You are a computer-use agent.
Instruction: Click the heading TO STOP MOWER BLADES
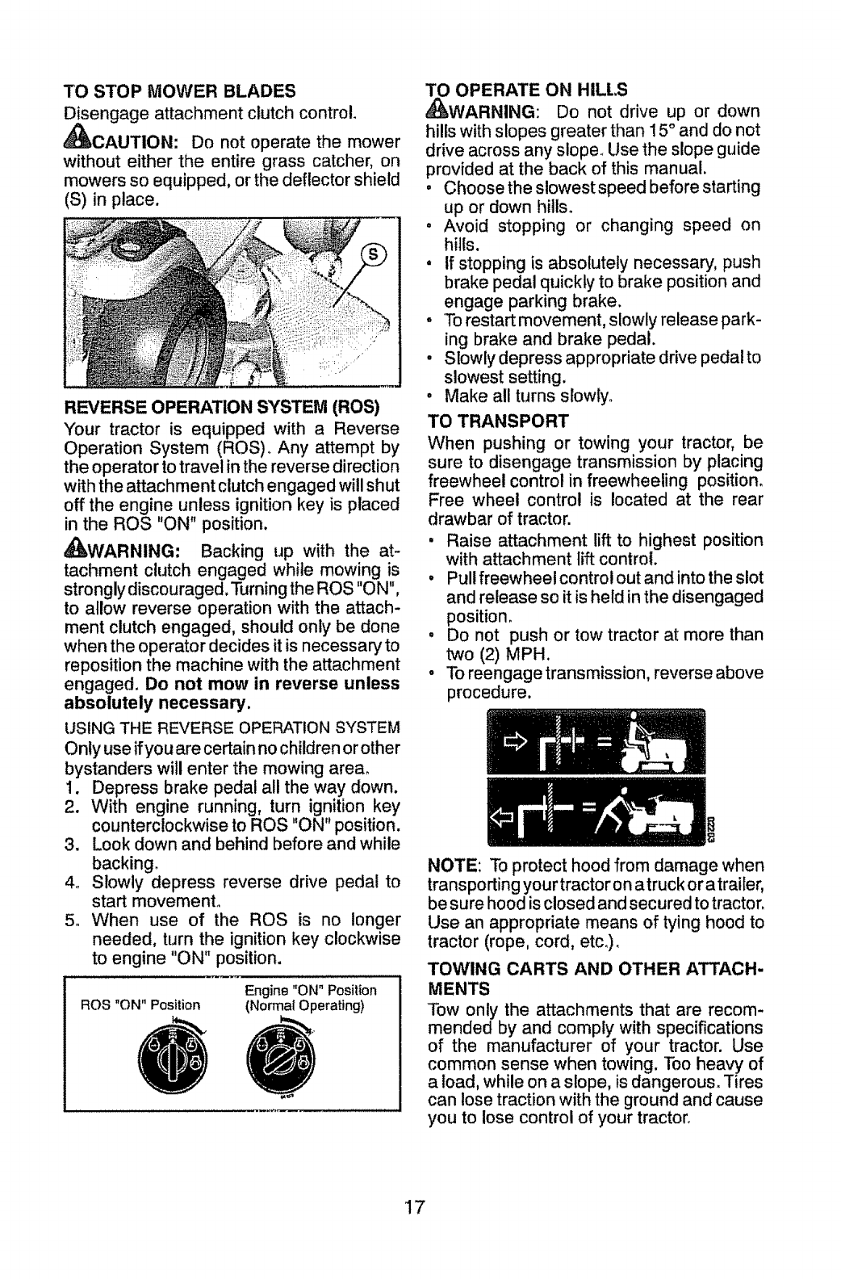[179, 89]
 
